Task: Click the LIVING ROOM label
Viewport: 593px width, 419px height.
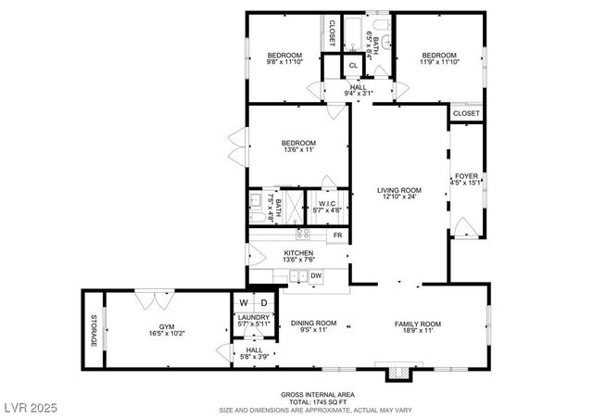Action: pyautogui.click(x=399, y=190)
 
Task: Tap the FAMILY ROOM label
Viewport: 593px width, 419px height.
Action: pyautogui.click(x=418, y=324)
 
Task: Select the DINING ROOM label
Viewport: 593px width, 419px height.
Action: pyautogui.click(x=313, y=324)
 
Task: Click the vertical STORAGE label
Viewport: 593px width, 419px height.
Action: pyautogui.click(x=93, y=331)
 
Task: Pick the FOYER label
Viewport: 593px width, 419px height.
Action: pyautogui.click(x=465, y=176)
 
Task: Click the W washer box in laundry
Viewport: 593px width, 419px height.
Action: pyautogui.click(x=244, y=303)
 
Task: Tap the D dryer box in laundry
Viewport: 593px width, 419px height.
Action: pyautogui.click(x=263, y=303)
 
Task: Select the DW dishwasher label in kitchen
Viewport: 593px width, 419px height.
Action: pyautogui.click(x=316, y=275)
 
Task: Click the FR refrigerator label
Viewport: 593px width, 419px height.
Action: pyautogui.click(x=337, y=236)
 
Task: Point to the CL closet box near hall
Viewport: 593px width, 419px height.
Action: pyautogui.click(x=353, y=65)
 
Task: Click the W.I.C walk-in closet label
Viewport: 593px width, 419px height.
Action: pyautogui.click(x=327, y=204)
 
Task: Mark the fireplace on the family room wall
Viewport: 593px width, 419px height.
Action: pyautogui.click(x=398, y=371)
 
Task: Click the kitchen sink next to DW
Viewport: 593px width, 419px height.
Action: pyautogui.click(x=297, y=275)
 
